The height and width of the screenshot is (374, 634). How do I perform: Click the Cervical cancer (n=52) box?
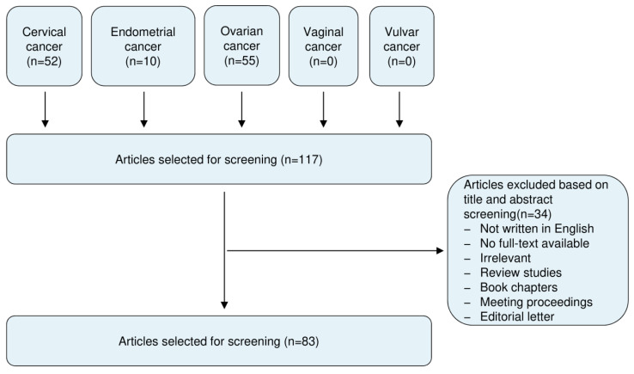pyautogui.click(x=44, y=46)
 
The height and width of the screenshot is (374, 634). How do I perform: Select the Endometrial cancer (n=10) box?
pyautogui.click(x=143, y=46)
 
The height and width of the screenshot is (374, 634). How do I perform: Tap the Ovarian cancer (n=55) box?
pyautogui.click(x=241, y=46)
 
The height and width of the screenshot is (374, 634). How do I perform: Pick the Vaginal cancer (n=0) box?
pyautogui.click(x=324, y=46)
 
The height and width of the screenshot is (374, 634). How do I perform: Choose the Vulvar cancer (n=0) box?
pyautogui.click(x=402, y=46)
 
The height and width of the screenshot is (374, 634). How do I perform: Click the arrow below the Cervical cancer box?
pyautogui.click(x=46, y=109)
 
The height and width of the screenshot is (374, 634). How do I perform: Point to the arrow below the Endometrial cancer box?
pyautogui.click(x=144, y=109)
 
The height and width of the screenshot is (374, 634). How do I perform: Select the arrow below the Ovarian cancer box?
pyautogui.click(x=241, y=109)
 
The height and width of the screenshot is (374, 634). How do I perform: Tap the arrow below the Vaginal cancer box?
pyautogui.click(x=324, y=109)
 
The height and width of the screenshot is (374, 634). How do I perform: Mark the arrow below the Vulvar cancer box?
pyautogui.click(x=399, y=109)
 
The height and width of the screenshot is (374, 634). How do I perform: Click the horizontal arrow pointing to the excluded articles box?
pyautogui.click(x=335, y=251)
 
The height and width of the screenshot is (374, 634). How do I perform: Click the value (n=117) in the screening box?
pyautogui.click(x=302, y=159)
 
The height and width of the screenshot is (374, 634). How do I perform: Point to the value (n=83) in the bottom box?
pyautogui.click(x=302, y=341)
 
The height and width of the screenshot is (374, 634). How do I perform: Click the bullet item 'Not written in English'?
pyautogui.click(x=537, y=229)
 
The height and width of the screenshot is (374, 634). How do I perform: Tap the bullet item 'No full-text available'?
pyautogui.click(x=534, y=243)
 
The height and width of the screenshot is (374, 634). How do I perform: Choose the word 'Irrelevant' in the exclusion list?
pyautogui.click(x=505, y=258)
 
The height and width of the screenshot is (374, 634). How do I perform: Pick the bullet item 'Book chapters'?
pyautogui.click(x=519, y=287)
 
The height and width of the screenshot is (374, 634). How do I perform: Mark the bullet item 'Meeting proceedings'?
pyautogui.click(x=536, y=302)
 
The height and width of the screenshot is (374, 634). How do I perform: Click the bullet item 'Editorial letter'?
pyautogui.click(x=517, y=316)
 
